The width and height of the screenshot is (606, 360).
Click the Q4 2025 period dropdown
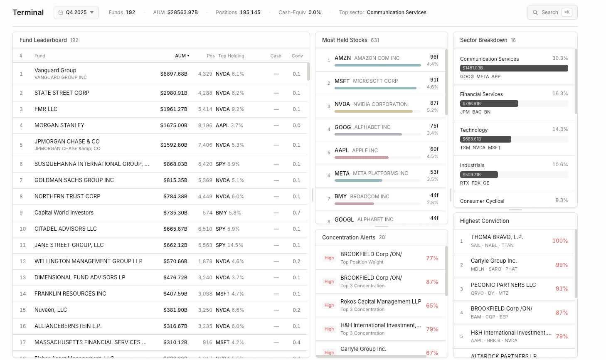click(76, 12)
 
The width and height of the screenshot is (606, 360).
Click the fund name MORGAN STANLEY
click(59, 125)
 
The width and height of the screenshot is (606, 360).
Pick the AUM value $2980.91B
click(174, 93)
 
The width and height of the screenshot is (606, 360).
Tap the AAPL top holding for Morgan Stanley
click(222, 125)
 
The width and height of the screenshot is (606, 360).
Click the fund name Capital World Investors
click(64, 212)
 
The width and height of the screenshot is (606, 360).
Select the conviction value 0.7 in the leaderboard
click(296, 212)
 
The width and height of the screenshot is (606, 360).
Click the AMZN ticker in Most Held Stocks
click(342, 58)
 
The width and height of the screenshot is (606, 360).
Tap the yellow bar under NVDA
click(373, 111)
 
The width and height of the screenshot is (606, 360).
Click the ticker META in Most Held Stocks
click(342, 173)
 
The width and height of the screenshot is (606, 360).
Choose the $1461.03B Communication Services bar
click(514, 68)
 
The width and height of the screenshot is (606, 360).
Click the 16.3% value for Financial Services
click(560, 94)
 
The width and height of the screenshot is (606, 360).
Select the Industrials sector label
click(472, 165)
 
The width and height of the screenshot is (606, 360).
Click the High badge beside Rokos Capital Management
click(329, 306)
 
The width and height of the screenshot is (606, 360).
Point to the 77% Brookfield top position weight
click(432, 258)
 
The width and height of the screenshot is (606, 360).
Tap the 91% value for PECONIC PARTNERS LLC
click(562, 288)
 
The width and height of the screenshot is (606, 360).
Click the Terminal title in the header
click(28, 12)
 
